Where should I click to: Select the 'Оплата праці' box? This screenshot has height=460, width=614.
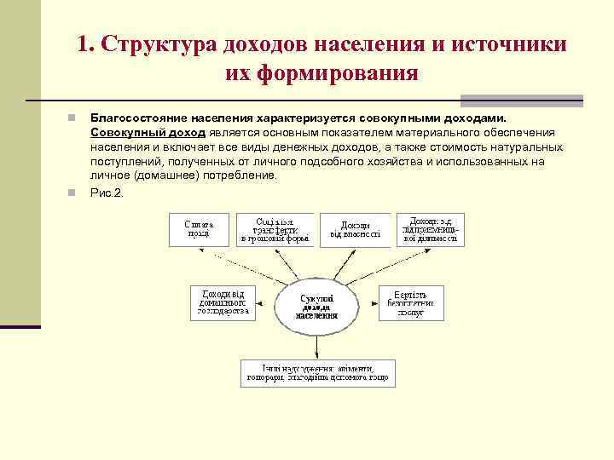[x=199, y=228]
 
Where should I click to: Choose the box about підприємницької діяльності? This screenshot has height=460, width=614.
[x=431, y=227]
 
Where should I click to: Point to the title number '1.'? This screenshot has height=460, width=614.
[x=84, y=44]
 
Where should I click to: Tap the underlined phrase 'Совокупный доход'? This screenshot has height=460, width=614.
[x=147, y=133]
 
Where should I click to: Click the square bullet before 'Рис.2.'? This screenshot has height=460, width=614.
[x=73, y=192]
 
